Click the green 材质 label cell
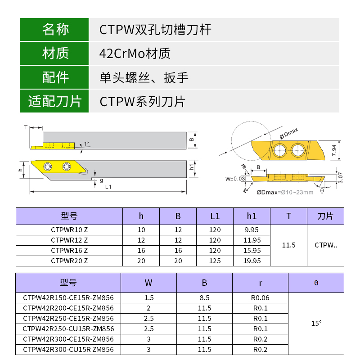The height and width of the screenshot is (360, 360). pos(55,54)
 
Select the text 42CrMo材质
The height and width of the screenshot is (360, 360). pos(135,54)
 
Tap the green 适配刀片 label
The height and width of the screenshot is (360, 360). pos(55,101)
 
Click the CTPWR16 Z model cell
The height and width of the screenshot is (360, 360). pos(69,251)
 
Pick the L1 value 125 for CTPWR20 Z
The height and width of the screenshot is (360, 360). pos(215,261)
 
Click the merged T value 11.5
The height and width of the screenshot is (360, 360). pos(288,245)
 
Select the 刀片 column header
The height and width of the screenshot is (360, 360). pos(325,216)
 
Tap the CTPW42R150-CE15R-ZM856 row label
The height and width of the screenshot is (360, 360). pos(68,297)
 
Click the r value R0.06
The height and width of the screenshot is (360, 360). pos(260,297)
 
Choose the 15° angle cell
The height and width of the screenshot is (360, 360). pos(316,323)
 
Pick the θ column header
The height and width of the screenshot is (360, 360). pos(316,283)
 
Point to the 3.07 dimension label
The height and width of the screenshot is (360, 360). pos(341,178)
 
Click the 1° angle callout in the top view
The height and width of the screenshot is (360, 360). pos(86,144)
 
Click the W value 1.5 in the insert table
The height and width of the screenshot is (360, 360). pos(148,297)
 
